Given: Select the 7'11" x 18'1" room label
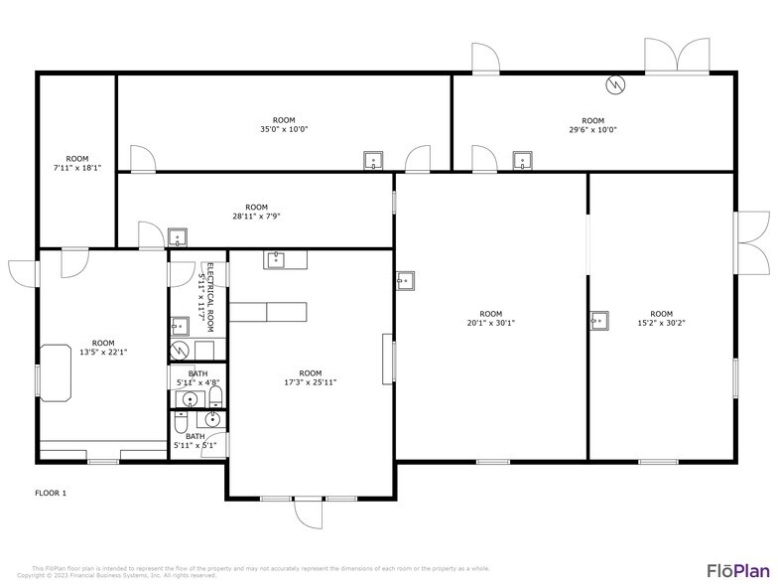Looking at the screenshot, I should click(x=77, y=164).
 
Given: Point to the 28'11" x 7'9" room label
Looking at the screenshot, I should click(x=256, y=212).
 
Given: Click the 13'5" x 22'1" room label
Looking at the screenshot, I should click(x=103, y=347).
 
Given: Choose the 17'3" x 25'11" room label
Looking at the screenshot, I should click(x=311, y=377).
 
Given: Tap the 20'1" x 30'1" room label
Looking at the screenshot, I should click(x=491, y=318).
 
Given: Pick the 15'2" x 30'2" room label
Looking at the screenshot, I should click(x=661, y=318).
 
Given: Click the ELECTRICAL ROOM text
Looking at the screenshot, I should click(x=204, y=288).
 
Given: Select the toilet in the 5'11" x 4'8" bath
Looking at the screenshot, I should click(x=215, y=397).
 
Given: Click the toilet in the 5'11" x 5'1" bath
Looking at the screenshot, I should click(x=181, y=424).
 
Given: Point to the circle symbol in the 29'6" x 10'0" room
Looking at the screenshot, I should click(x=616, y=84).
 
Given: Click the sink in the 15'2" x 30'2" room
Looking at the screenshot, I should click(x=598, y=320).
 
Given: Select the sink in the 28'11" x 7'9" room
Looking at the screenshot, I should click(x=177, y=237).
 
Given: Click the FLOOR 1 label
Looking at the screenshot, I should click(x=51, y=493).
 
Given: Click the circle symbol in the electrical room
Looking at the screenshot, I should click(x=179, y=351).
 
